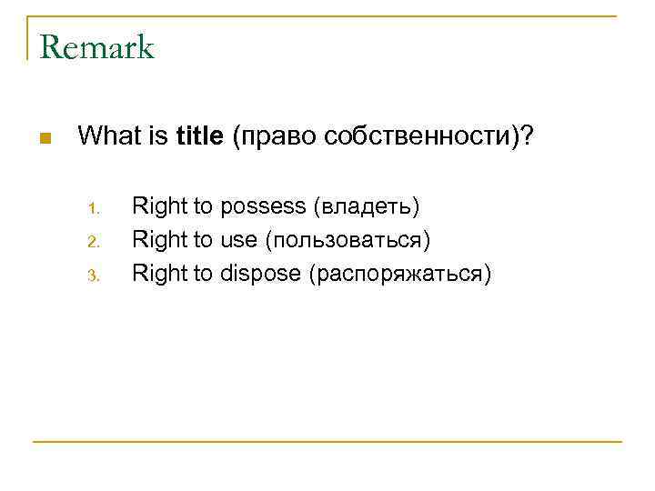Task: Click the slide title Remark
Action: tap(97, 47)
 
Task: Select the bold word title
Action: tap(201, 137)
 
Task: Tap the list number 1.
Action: tap(93, 209)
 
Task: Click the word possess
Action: tap(264, 207)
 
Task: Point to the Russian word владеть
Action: tap(367, 207)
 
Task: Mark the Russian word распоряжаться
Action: tap(399, 274)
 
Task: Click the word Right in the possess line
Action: tap(159, 207)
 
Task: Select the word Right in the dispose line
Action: tap(159, 274)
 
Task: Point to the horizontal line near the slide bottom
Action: tap(327, 442)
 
